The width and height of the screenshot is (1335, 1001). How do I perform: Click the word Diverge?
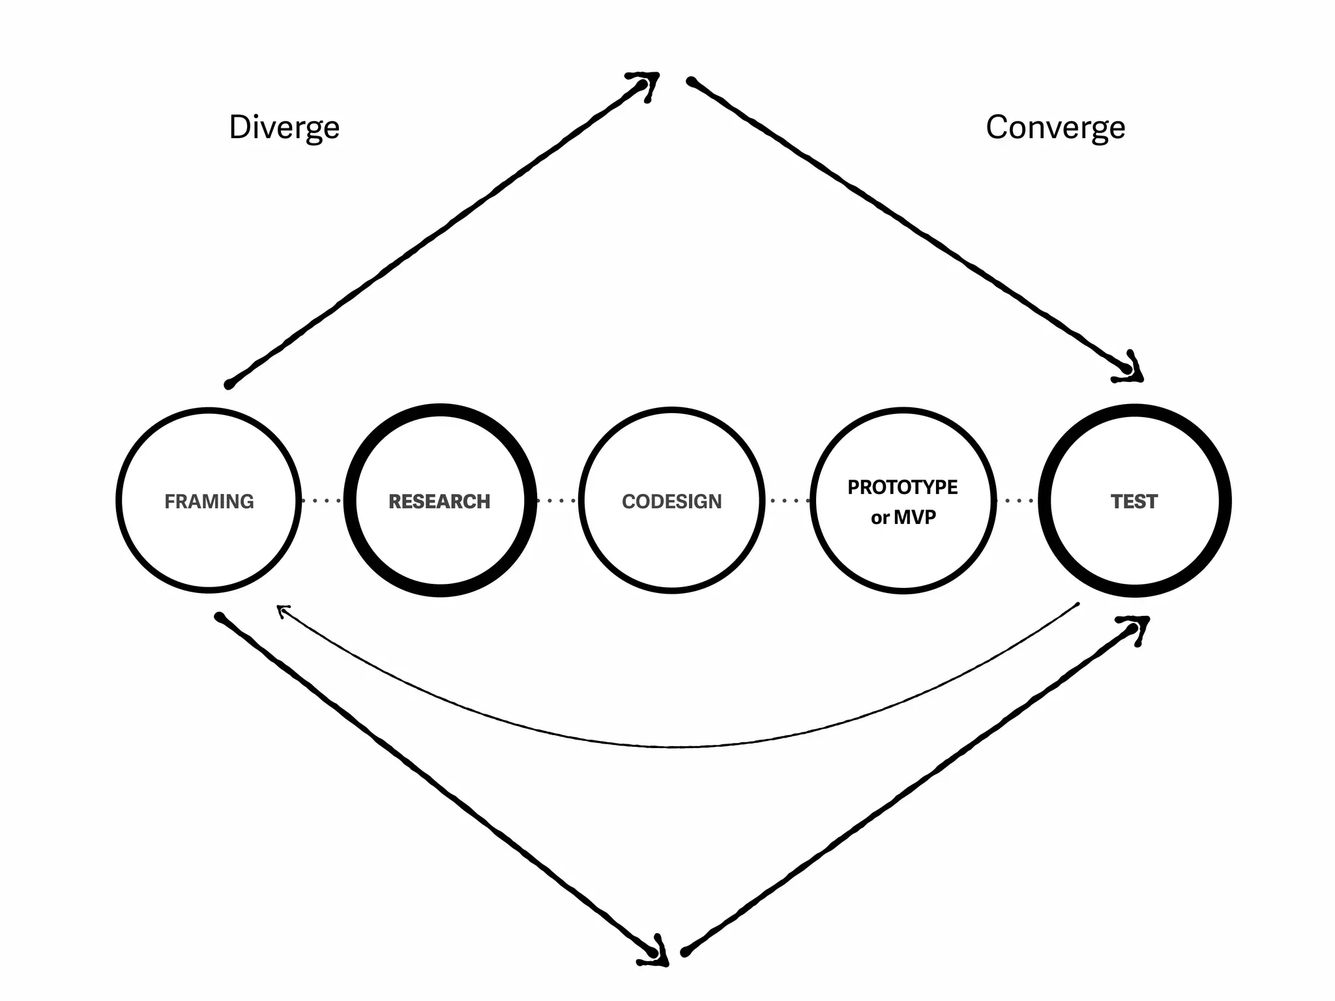(x=284, y=128)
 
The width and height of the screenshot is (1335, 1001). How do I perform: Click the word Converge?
(x=1055, y=128)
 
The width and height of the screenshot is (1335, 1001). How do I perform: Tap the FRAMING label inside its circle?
(x=209, y=501)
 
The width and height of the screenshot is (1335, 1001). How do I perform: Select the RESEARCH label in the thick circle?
(x=439, y=501)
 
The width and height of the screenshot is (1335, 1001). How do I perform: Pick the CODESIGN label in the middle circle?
(x=671, y=501)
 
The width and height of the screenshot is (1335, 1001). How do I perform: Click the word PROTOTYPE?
(x=902, y=487)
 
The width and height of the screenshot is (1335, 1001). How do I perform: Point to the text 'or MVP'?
(x=903, y=517)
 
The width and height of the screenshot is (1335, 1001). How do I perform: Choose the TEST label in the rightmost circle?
(x=1134, y=501)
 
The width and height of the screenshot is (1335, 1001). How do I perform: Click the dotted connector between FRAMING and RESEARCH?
(x=321, y=500)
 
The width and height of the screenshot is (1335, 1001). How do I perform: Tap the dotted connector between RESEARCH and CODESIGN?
(x=556, y=500)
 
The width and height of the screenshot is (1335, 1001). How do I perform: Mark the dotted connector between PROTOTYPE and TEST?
(x=1018, y=500)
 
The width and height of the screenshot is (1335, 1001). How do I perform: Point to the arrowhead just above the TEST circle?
(x=1132, y=369)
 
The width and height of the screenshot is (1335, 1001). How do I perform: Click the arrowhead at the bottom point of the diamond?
(x=656, y=953)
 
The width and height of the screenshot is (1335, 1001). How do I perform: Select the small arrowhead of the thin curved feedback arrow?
(x=282, y=611)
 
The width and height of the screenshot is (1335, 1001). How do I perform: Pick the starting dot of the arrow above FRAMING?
(x=229, y=384)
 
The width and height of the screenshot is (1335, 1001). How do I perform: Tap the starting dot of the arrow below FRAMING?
(x=220, y=617)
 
